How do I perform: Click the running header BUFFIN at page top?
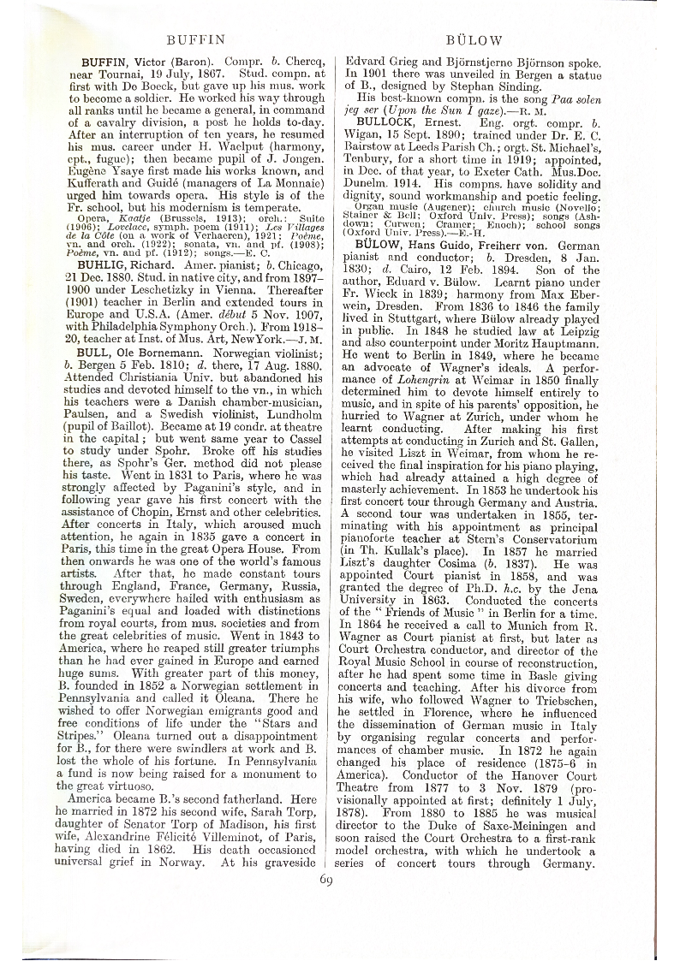(x=195, y=39)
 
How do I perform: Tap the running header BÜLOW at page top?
(x=474, y=39)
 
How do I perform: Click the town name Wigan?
(x=360, y=136)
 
